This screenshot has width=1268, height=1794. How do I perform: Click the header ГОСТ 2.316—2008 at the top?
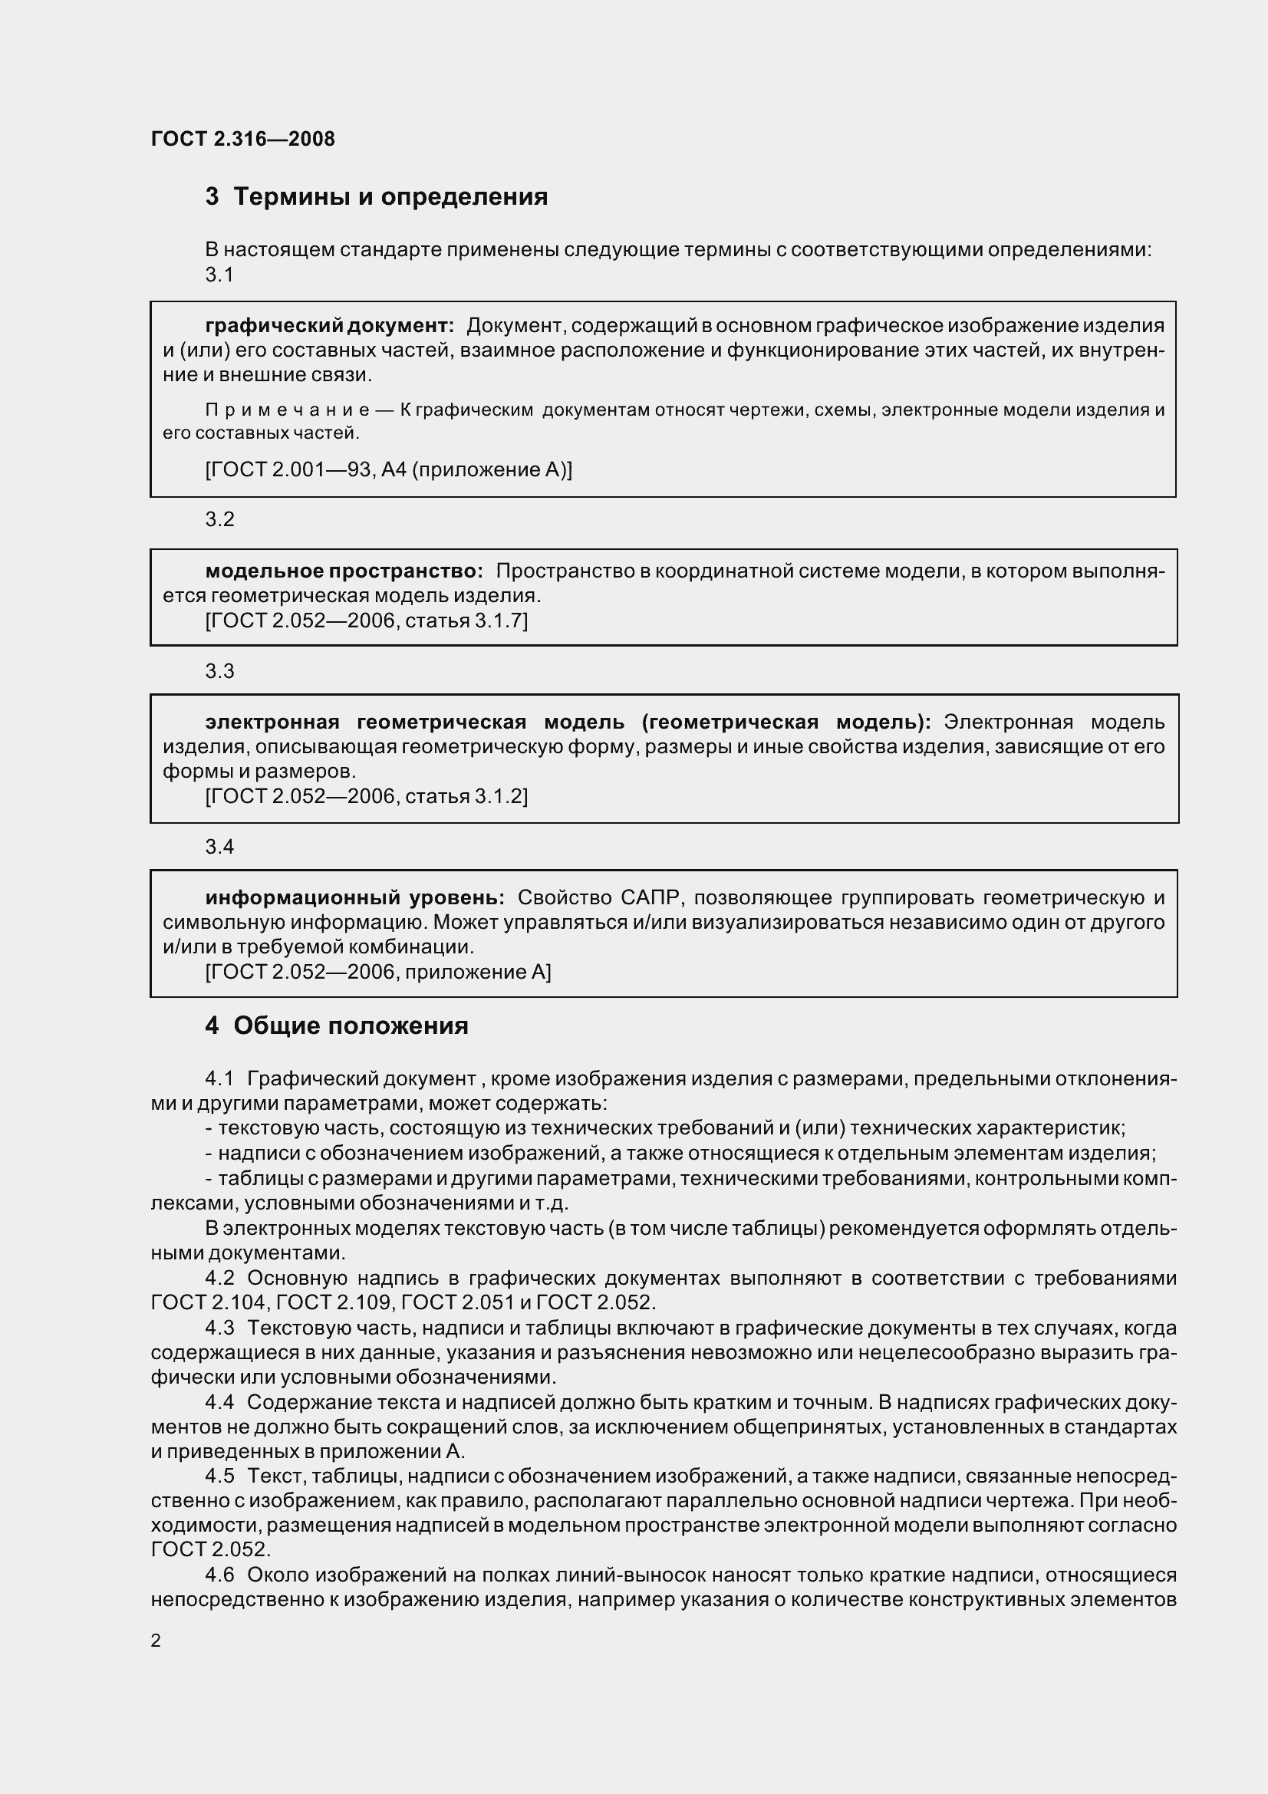pos(243,139)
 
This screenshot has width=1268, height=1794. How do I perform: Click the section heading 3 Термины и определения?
pos(377,197)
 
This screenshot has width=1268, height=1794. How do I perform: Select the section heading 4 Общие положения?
pos(337,1026)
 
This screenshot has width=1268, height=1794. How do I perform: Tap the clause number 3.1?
pos(219,275)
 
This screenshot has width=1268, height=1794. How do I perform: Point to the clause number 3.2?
pos(219,519)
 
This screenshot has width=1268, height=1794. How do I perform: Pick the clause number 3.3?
pos(219,671)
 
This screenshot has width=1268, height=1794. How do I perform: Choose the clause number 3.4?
pos(219,847)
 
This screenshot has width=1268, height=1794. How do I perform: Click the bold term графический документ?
pos(329,326)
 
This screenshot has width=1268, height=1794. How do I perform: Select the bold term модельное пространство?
pos(344,571)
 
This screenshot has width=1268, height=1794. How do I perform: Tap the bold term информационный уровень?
pos(354,898)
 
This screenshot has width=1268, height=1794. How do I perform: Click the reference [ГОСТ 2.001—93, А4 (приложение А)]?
pos(388,469)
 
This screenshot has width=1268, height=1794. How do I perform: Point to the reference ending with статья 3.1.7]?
pos(367,620)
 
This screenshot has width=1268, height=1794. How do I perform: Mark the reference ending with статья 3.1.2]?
pos(367,796)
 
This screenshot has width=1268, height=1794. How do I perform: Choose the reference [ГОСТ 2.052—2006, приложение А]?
pos(378,972)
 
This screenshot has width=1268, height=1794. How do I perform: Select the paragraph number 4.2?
pos(219,1279)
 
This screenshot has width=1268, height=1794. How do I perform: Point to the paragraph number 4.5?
pos(219,1475)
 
